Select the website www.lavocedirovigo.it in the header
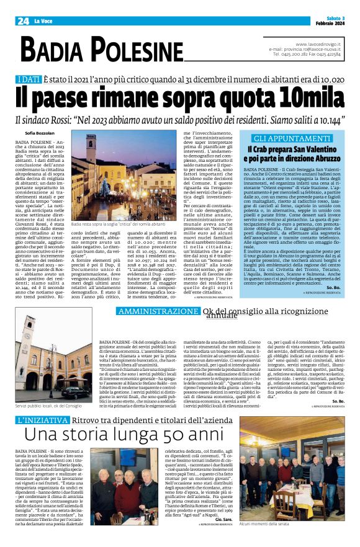pyautogui.click(x=318, y=44)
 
